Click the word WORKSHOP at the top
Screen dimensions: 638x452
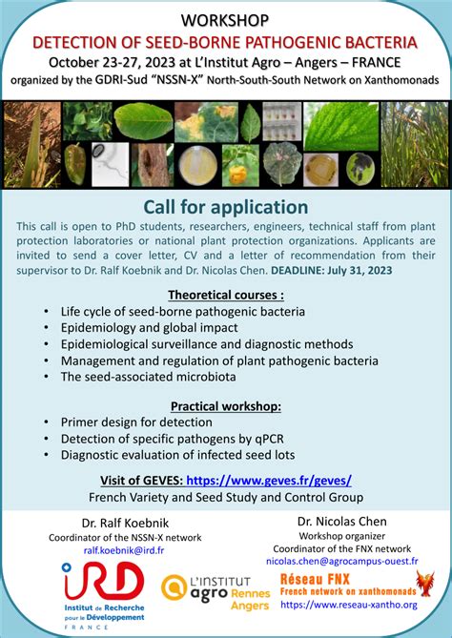(x=225, y=20)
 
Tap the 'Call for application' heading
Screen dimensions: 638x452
(x=225, y=207)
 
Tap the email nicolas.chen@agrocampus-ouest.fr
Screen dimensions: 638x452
(x=340, y=562)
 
